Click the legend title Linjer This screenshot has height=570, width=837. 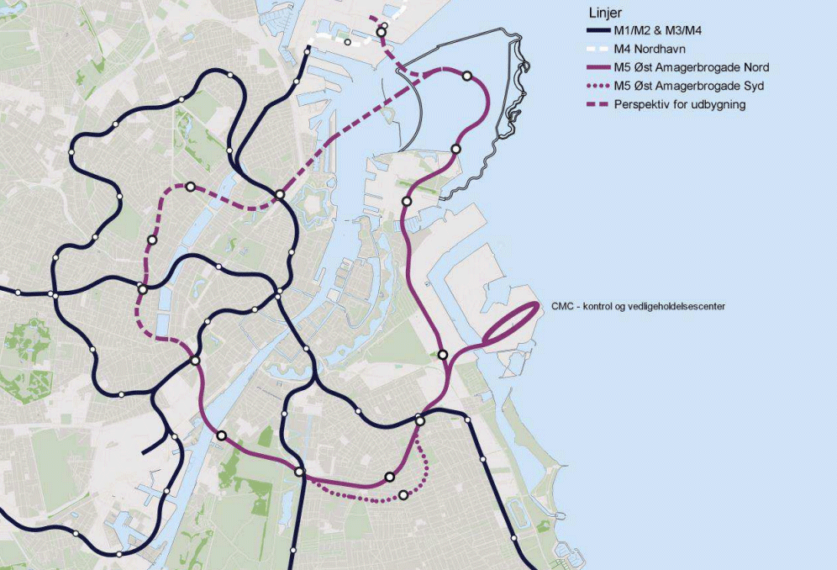604,13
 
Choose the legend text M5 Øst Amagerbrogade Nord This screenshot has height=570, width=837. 692,67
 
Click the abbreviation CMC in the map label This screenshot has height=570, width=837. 562,307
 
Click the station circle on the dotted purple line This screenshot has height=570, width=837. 403,494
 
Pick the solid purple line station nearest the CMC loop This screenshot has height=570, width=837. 443,355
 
